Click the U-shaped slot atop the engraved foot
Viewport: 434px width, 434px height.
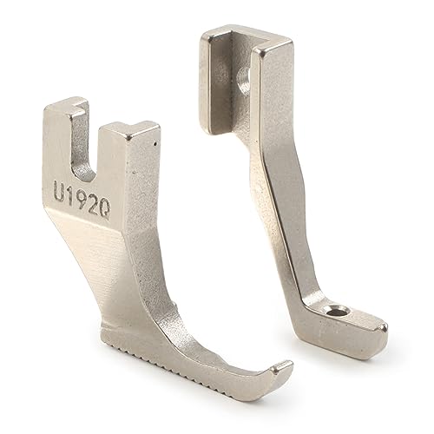click(x=90, y=139)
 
